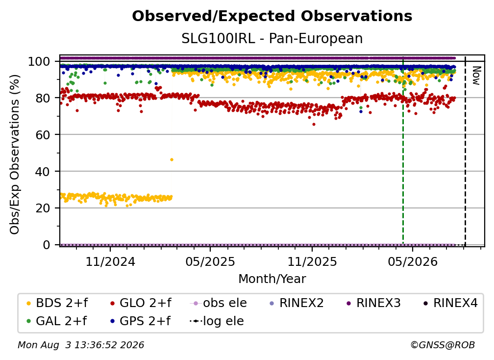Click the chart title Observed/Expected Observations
click(x=272, y=16)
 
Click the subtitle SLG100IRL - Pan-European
click(x=272, y=38)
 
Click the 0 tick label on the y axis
click(x=46, y=245)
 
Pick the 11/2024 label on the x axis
click(x=110, y=261)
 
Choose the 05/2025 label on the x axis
click(x=210, y=261)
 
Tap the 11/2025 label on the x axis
click(x=312, y=261)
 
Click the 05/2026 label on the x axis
click(x=413, y=261)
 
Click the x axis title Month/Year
click(x=272, y=279)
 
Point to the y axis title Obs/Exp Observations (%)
click(x=15, y=154)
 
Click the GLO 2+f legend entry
click(x=141, y=303)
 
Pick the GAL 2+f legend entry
click(x=57, y=321)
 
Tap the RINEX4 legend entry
click(x=450, y=303)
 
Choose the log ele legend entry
click(x=217, y=321)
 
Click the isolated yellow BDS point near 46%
click(x=172, y=160)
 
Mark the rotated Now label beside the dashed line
click(x=476, y=76)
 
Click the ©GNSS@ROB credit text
click(x=443, y=345)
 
